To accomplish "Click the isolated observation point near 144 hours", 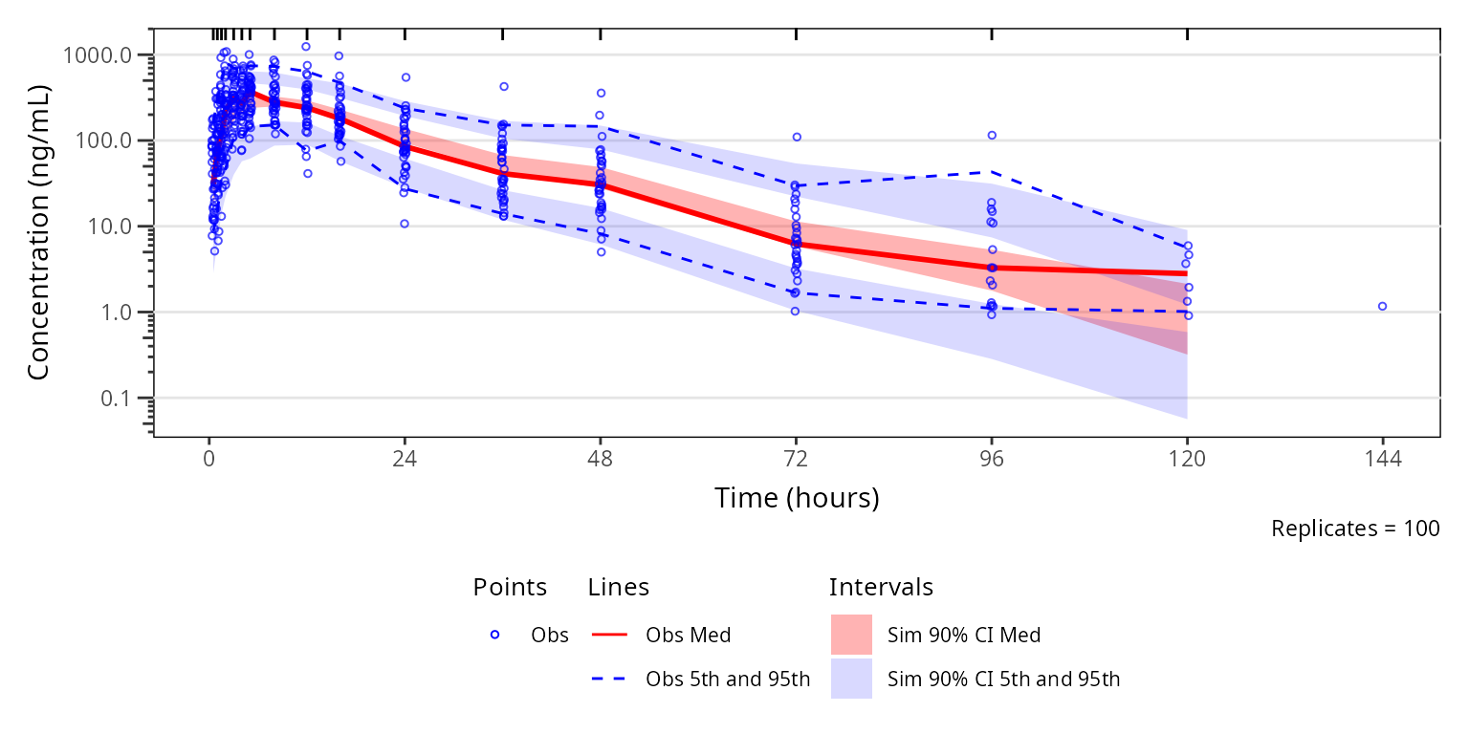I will point(1382,306).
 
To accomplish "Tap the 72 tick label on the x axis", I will point(796,459).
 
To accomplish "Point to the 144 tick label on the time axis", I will point(1382,459).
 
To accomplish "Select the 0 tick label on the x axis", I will point(208,459).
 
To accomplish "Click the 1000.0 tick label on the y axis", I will point(102,55).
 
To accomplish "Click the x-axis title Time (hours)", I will point(796,498).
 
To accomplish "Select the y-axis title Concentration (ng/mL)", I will point(38,232).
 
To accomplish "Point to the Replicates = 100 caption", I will point(1354,529).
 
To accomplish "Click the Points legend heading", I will point(510,587).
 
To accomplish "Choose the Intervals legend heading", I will point(881,587).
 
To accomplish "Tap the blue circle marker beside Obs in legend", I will point(494,635).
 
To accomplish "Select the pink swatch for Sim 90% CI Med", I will point(851,635).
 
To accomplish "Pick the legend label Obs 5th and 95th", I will point(727,680).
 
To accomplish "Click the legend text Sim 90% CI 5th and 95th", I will point(1003,680).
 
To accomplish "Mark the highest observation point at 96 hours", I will point(992,136).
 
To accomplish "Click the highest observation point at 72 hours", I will point(796,137).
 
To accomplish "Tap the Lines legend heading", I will point(619,587).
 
